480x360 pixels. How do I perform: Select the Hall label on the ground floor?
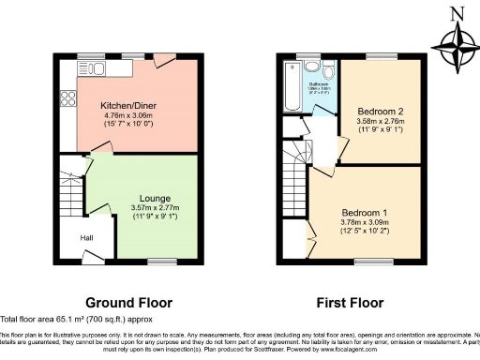[85, 238]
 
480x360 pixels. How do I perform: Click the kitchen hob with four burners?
[67, 96]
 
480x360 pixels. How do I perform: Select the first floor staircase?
[297, 174]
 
